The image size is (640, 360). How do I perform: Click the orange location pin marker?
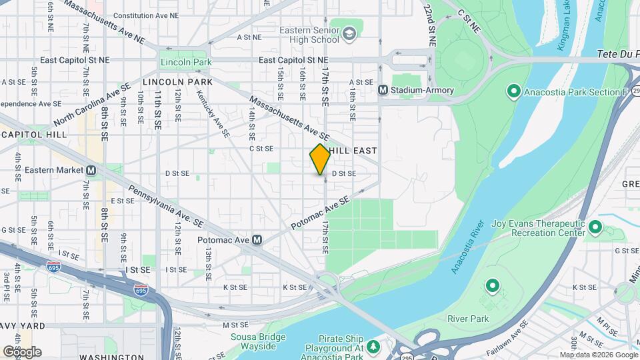click(320, 159)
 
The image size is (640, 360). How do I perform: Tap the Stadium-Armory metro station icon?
click(383, 90)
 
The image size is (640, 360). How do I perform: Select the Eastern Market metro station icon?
click(91, 170)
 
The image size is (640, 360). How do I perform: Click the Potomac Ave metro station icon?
click(255, 240)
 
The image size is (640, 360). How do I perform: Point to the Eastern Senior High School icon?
click(349, 33)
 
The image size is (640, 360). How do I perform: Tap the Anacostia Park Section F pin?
click(513, 91)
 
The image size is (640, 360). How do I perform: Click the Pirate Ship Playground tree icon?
click(373, 346)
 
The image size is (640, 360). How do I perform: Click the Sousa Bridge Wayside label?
click(253, 341)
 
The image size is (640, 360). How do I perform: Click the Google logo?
click(22, 351)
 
